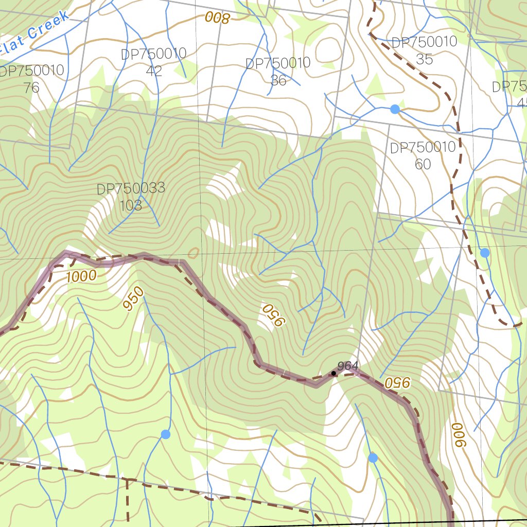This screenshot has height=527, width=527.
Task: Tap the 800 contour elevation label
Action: click(217, 18)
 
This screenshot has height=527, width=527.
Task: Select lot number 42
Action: click(153, 71)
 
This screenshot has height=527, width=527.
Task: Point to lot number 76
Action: click(31, 87)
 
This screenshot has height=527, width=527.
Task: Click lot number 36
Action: click(278, 80)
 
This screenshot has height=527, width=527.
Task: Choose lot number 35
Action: click(424, 59)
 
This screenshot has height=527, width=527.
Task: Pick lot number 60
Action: click(423, 164)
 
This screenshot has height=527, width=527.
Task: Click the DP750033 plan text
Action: click(131, 188)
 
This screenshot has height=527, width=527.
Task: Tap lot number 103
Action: click(131, 205)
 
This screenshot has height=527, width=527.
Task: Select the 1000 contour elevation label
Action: click(81, 277)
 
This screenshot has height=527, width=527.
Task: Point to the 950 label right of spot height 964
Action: click(398, 382)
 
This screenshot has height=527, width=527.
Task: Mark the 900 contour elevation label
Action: click(458, 435)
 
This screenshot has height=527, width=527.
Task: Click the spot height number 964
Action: click(348, 366)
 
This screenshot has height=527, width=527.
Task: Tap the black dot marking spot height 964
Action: click(333, 373)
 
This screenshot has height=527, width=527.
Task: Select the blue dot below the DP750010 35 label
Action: click(395, 109)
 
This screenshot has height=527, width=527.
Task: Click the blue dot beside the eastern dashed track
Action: click(484, 253)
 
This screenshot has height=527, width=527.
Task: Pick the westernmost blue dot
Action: click(165, 434)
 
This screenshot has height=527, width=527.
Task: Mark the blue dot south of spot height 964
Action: click(373, 458)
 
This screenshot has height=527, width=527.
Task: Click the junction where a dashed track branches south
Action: click(127, 480)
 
